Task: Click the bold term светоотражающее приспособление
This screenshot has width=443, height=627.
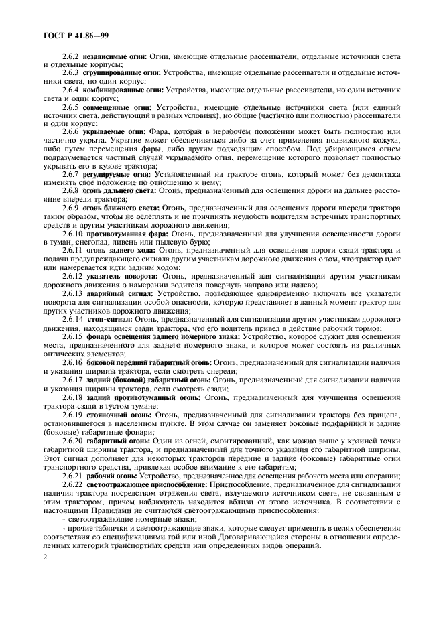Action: pyautogui.click(x=147, y=484)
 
